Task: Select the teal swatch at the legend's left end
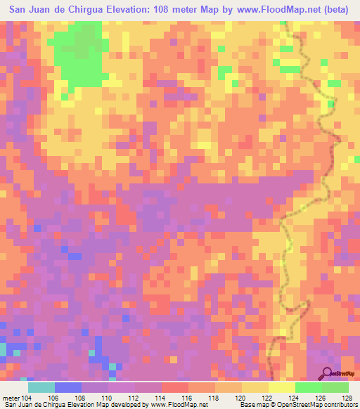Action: pos(41,387)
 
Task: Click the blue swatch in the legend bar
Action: pos(67,387)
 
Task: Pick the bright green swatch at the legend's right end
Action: pos(335,387)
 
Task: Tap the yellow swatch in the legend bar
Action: pos(255,387)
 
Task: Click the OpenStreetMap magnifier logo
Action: pos(327,372)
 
